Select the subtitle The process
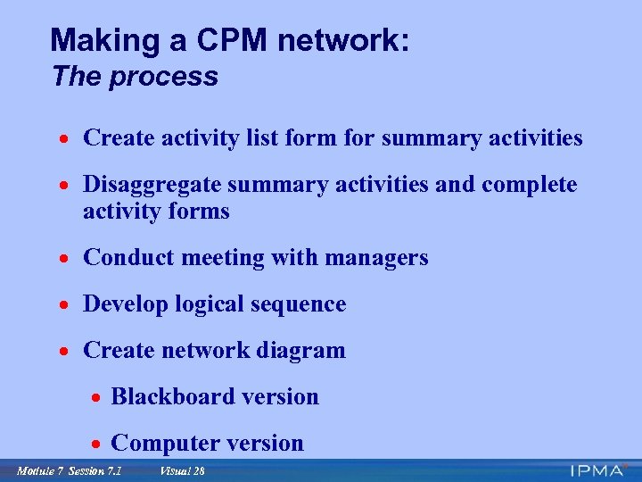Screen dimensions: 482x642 click(135, 77)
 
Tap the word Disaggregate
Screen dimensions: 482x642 click(152, 185)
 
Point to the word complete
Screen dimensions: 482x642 click(529, 185)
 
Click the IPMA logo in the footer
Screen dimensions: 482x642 click(600, 470)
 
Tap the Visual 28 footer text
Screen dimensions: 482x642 click(182, 471)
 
